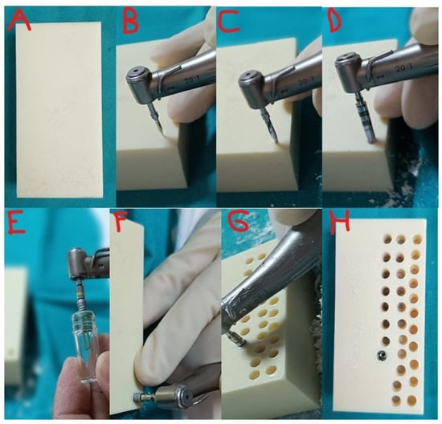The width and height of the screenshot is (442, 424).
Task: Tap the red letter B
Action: click(x=130, y=20)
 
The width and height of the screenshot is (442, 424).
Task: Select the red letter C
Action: click(x=228, y=20)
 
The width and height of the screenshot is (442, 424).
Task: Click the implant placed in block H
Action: click(x=383, y=355)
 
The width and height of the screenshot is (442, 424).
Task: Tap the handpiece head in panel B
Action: click(x=140, y=84)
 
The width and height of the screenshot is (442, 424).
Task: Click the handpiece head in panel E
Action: click(x=76, y=262)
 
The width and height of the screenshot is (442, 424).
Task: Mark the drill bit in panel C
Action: click(x=271, y=125)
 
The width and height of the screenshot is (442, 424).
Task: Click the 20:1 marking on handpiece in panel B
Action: click(x=192, y=81)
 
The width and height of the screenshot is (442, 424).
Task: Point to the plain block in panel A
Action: click(x=59, y=110)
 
